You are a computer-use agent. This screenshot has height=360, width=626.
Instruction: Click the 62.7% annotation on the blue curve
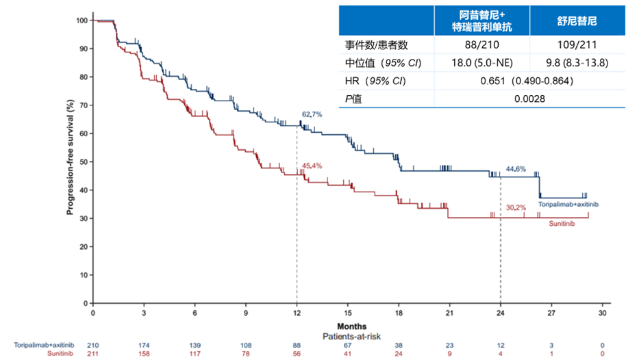click(x=312, y=114)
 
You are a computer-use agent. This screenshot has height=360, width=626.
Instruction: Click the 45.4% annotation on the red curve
click(x=312, y=166)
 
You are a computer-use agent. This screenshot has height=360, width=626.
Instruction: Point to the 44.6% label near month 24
click(x=516, y=168)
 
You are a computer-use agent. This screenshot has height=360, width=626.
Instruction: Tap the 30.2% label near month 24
click(x=516, y=207)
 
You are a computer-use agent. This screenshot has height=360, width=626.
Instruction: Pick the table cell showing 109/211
click(x=577, y=45)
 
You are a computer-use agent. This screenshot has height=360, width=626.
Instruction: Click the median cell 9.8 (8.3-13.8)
click(x=577, y=64)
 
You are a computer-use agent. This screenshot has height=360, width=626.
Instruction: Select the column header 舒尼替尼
click(x=577, y=21)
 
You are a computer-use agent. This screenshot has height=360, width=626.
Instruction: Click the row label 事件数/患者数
click(x=376, y=45)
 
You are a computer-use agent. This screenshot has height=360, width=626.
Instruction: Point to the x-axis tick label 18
click(x=399, y=312)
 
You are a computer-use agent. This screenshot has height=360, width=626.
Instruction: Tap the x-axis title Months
click(x=351, y=326)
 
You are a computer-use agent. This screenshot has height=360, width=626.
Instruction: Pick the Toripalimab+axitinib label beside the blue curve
click(x=568, y=205)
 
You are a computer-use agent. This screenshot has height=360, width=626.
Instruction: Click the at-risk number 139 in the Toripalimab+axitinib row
click(x=195, y=344)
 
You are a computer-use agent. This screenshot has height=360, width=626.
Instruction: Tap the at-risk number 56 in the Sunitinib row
click(x=297, y=353)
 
